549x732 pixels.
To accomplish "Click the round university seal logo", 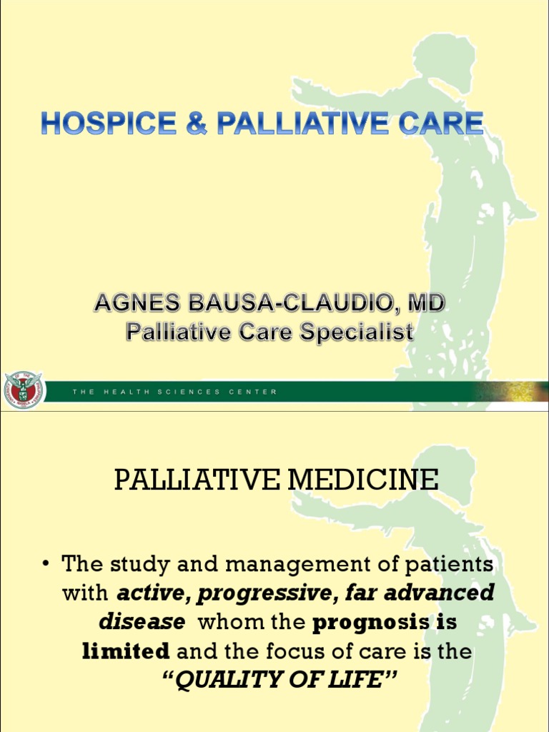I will click(x=23, y=391).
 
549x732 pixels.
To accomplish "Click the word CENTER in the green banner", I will click(x=253, y=392).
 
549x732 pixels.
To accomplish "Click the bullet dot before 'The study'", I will click(x=46, y=565).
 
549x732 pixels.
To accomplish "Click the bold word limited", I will click(x=126, y=651).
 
